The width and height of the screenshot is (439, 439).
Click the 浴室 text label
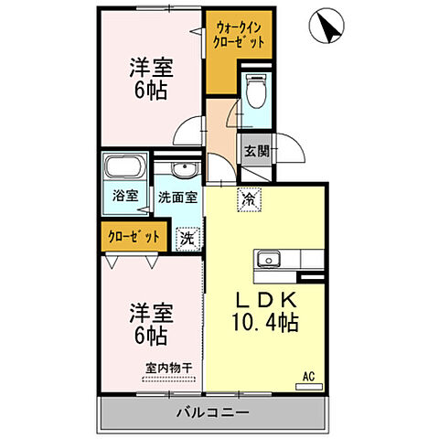point(124,196)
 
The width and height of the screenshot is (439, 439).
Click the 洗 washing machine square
point(186,236)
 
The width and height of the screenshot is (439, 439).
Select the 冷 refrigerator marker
point(248,197)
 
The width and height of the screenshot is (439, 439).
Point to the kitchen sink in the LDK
point(272,259)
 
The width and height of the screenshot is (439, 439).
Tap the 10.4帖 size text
point(266,323)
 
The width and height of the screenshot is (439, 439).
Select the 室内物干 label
point(168,369)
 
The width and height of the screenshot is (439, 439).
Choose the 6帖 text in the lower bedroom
point(151,336)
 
